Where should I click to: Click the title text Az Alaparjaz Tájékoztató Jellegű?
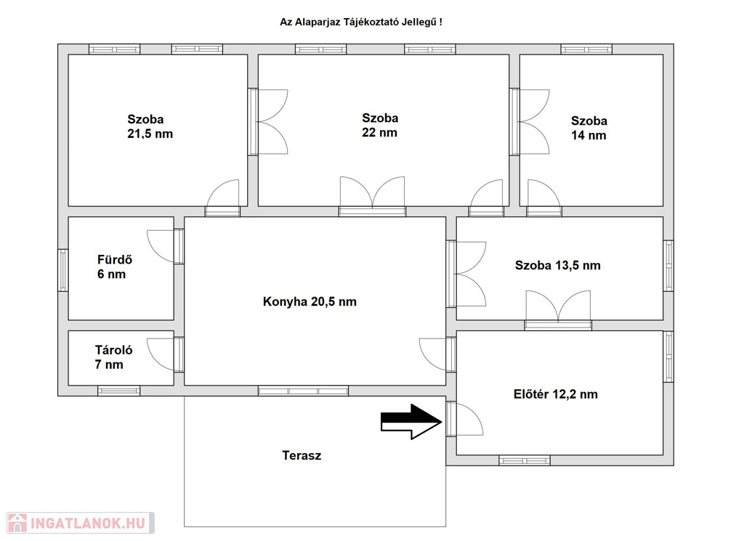click(360, 23)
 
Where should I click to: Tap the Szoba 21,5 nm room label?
click(150, 126)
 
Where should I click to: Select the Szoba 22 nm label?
click(379, 125)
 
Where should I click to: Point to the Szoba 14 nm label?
click(589, 128)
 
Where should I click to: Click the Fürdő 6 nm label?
click(114, 267)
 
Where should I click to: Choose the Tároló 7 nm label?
click(113, 357)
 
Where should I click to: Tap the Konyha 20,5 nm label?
click(310, 301)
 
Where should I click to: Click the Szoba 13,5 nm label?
click(557, 265)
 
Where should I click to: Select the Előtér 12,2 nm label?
click(556, 394)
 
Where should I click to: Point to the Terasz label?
click(302, 455)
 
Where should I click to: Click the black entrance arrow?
click(411, 421)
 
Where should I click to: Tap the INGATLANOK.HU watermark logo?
click(81, 523)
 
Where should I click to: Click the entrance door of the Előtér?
click(464, 419)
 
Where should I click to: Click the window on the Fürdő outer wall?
click(63, 270)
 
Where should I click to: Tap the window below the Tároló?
click(118, 391)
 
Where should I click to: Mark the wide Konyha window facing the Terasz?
click(303, 391)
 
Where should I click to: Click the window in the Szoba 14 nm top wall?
click(586, 49)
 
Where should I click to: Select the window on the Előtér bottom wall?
click(525, 460)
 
